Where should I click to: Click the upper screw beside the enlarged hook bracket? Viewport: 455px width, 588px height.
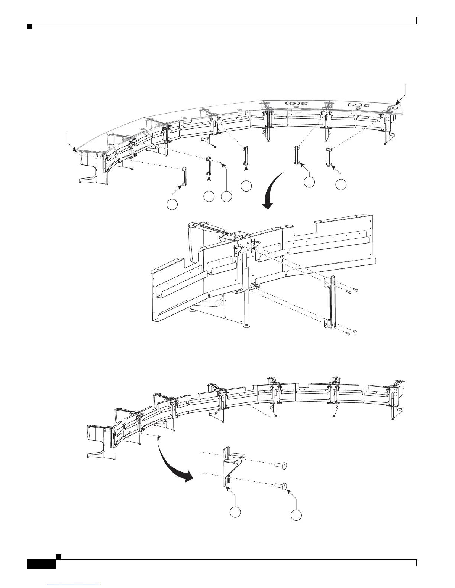pyautogui.click(x=282, y=465)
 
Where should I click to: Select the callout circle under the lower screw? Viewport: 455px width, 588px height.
pyautogui.click(x=296, y=515)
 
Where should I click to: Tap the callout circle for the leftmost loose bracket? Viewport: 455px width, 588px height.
pyautogui.click(x=171, y=204)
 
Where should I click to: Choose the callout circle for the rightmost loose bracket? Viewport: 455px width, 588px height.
pyautogui.click(x=341, y=184)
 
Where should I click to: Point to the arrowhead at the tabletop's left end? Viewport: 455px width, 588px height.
pyautogui.click(x=75, y=150)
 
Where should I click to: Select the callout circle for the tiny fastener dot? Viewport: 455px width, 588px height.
pyautogui.click(x=226, y=196)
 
